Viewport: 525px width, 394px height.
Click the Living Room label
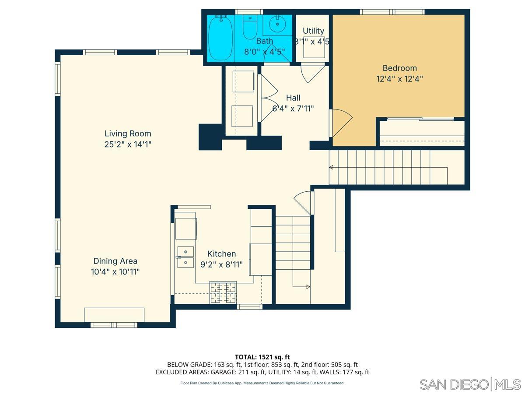128,134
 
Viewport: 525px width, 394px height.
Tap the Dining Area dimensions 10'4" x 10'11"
115,272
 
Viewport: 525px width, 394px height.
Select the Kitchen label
221,254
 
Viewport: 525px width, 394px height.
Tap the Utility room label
313,31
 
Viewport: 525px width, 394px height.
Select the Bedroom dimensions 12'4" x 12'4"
399,79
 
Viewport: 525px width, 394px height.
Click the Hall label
293,98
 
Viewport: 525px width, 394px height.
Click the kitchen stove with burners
223,292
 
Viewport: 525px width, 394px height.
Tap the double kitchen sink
185,257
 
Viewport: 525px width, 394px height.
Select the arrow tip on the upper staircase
331,167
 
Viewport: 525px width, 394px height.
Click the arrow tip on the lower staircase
308,287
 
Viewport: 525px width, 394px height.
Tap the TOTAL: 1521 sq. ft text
262,357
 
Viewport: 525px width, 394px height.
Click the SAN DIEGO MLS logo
470,384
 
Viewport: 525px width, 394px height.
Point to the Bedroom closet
421,133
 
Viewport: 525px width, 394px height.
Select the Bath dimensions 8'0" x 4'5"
265,51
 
